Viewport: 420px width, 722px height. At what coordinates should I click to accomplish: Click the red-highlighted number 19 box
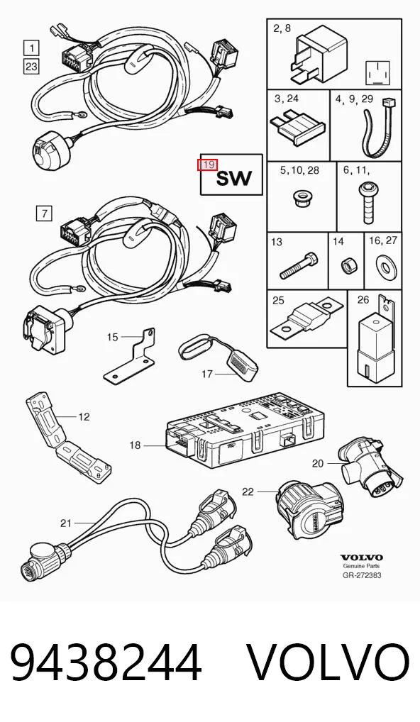point(208,165)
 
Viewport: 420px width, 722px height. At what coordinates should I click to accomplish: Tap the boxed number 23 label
point(31,66)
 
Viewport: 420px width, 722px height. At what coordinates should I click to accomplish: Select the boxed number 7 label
point(44,213)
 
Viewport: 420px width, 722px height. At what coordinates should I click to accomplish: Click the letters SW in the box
point(234,178)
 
